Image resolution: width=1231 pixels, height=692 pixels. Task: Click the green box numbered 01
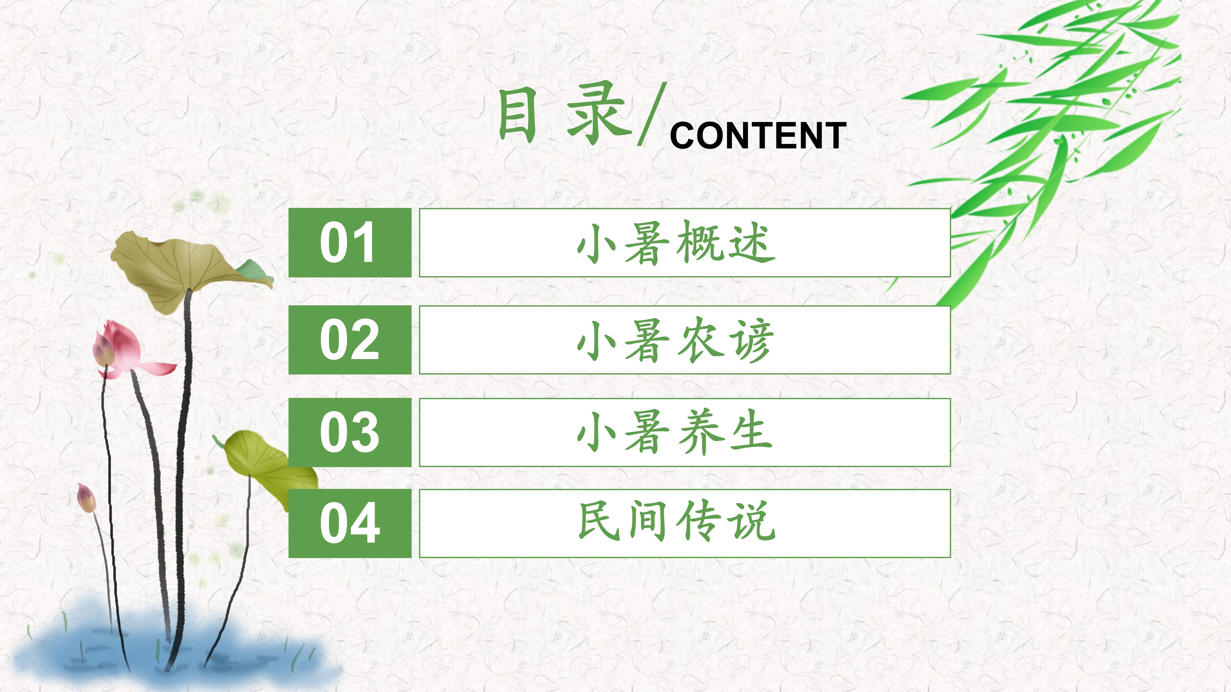349,243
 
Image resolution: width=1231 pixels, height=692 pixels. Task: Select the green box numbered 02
349,340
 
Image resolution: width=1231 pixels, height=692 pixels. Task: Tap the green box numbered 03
349,432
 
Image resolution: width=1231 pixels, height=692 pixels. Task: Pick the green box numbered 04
349,523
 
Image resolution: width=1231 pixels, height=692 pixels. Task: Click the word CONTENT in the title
758,136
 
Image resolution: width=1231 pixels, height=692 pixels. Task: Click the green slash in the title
652,115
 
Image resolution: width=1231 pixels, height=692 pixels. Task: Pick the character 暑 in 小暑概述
647,243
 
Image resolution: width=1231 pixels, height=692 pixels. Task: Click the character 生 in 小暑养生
750,432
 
